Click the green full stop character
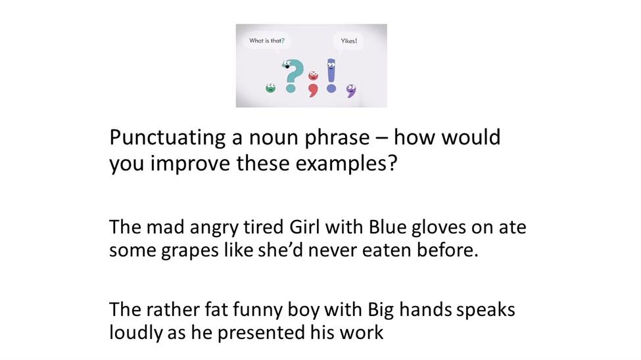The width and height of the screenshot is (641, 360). tap(270, 88)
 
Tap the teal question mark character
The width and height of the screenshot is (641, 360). tap(292, 76)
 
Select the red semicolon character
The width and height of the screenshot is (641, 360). tap(313, 84)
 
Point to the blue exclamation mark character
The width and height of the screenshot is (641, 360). tap(331, 75)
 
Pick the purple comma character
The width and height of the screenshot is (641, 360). tap(351, 91)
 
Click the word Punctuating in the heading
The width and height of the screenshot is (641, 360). tap(167, 138)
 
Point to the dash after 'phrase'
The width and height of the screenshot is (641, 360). tap(381, 138)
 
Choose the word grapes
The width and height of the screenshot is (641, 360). tap(189, 251)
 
